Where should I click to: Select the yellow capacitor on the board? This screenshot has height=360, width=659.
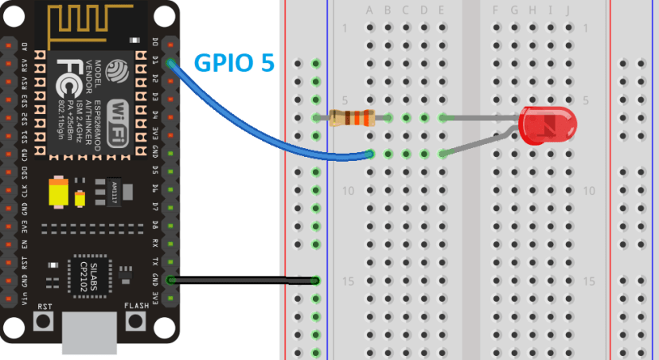pyautogui.click(x=58, y=192)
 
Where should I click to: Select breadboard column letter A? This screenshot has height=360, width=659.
pyautogui.click(x=369, y=10)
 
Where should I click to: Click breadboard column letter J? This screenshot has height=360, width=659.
pyautogui.click(x=567, y=10)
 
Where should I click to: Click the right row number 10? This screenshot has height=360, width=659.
pyautogui.click(x=589, y=191)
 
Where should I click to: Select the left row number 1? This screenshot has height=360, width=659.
pyautogui.click(x=345, y=29)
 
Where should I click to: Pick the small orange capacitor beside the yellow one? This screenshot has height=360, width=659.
pyautogui.click(x=80, y=196)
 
